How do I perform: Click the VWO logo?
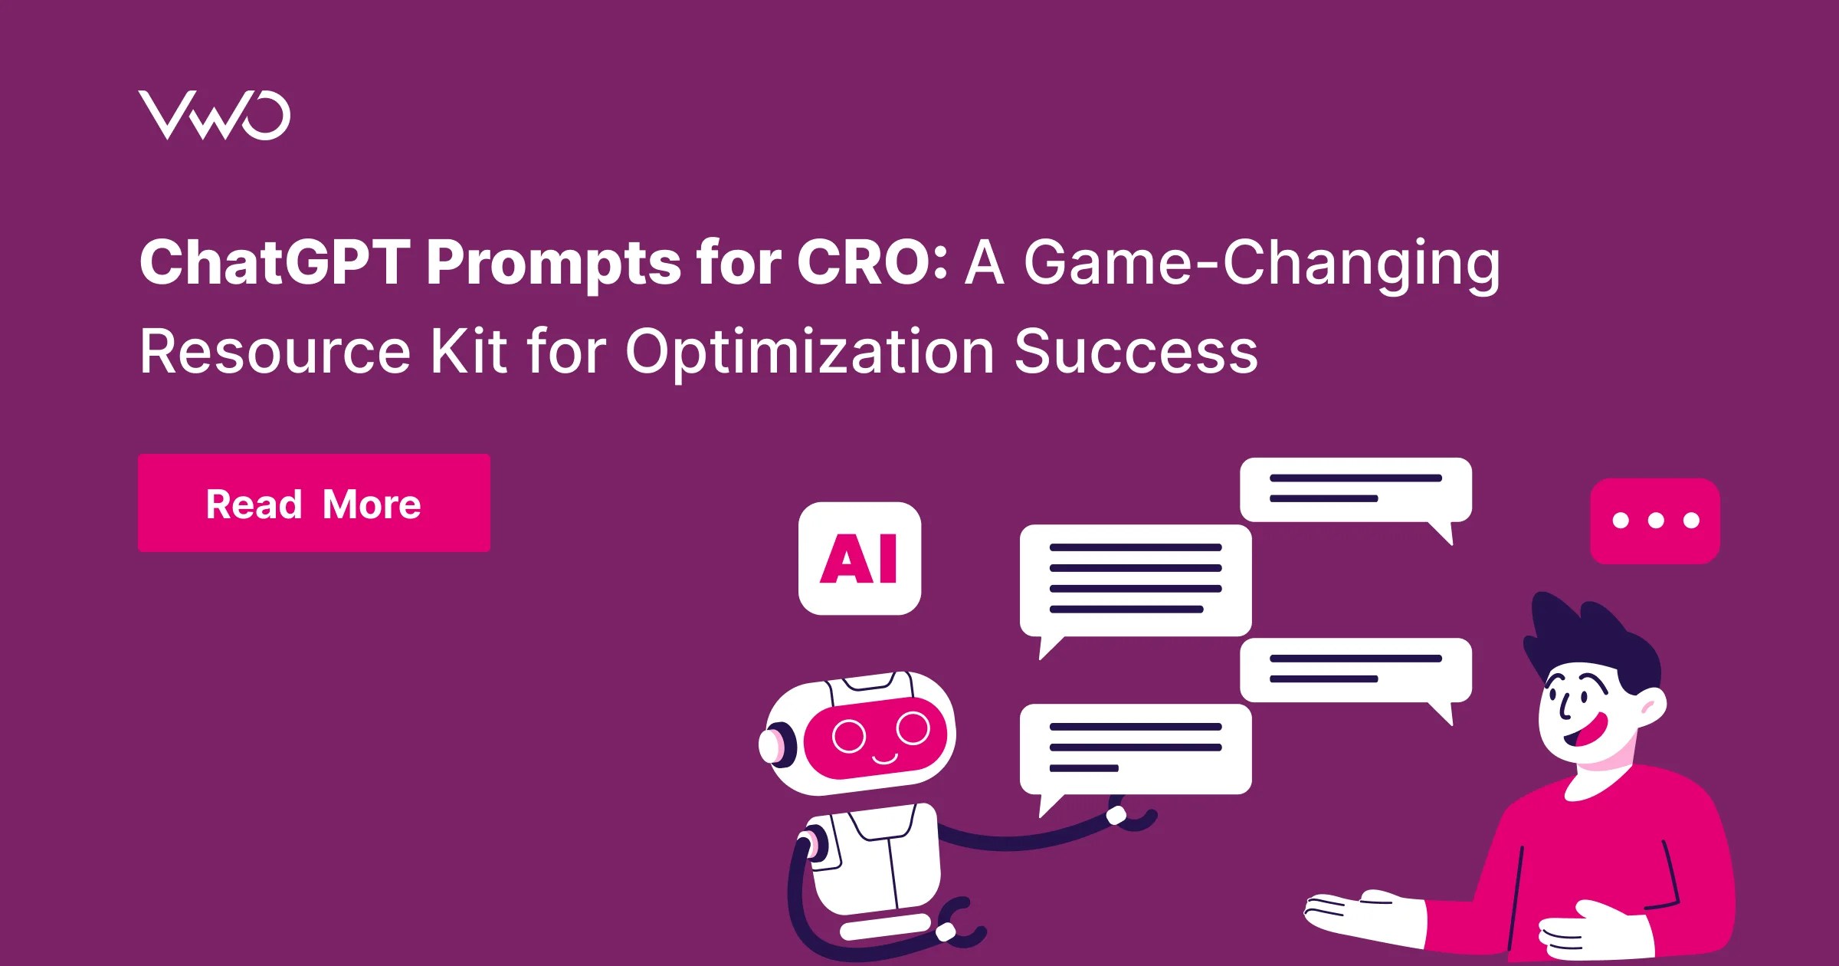(x=214, y=116)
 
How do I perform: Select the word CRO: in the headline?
(x=872, y=262)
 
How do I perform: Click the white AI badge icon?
(x=859, y=558)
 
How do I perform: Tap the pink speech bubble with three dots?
(x=1655, y=521)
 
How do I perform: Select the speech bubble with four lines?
(x=1135, y=580)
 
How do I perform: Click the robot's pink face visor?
(x=876, y=738)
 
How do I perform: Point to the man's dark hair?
(x=1594, y=636)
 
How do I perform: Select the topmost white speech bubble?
(x=1355, y=490)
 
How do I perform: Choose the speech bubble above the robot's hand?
(x=1135, y=749)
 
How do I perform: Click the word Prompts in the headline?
(x=553, y=262)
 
